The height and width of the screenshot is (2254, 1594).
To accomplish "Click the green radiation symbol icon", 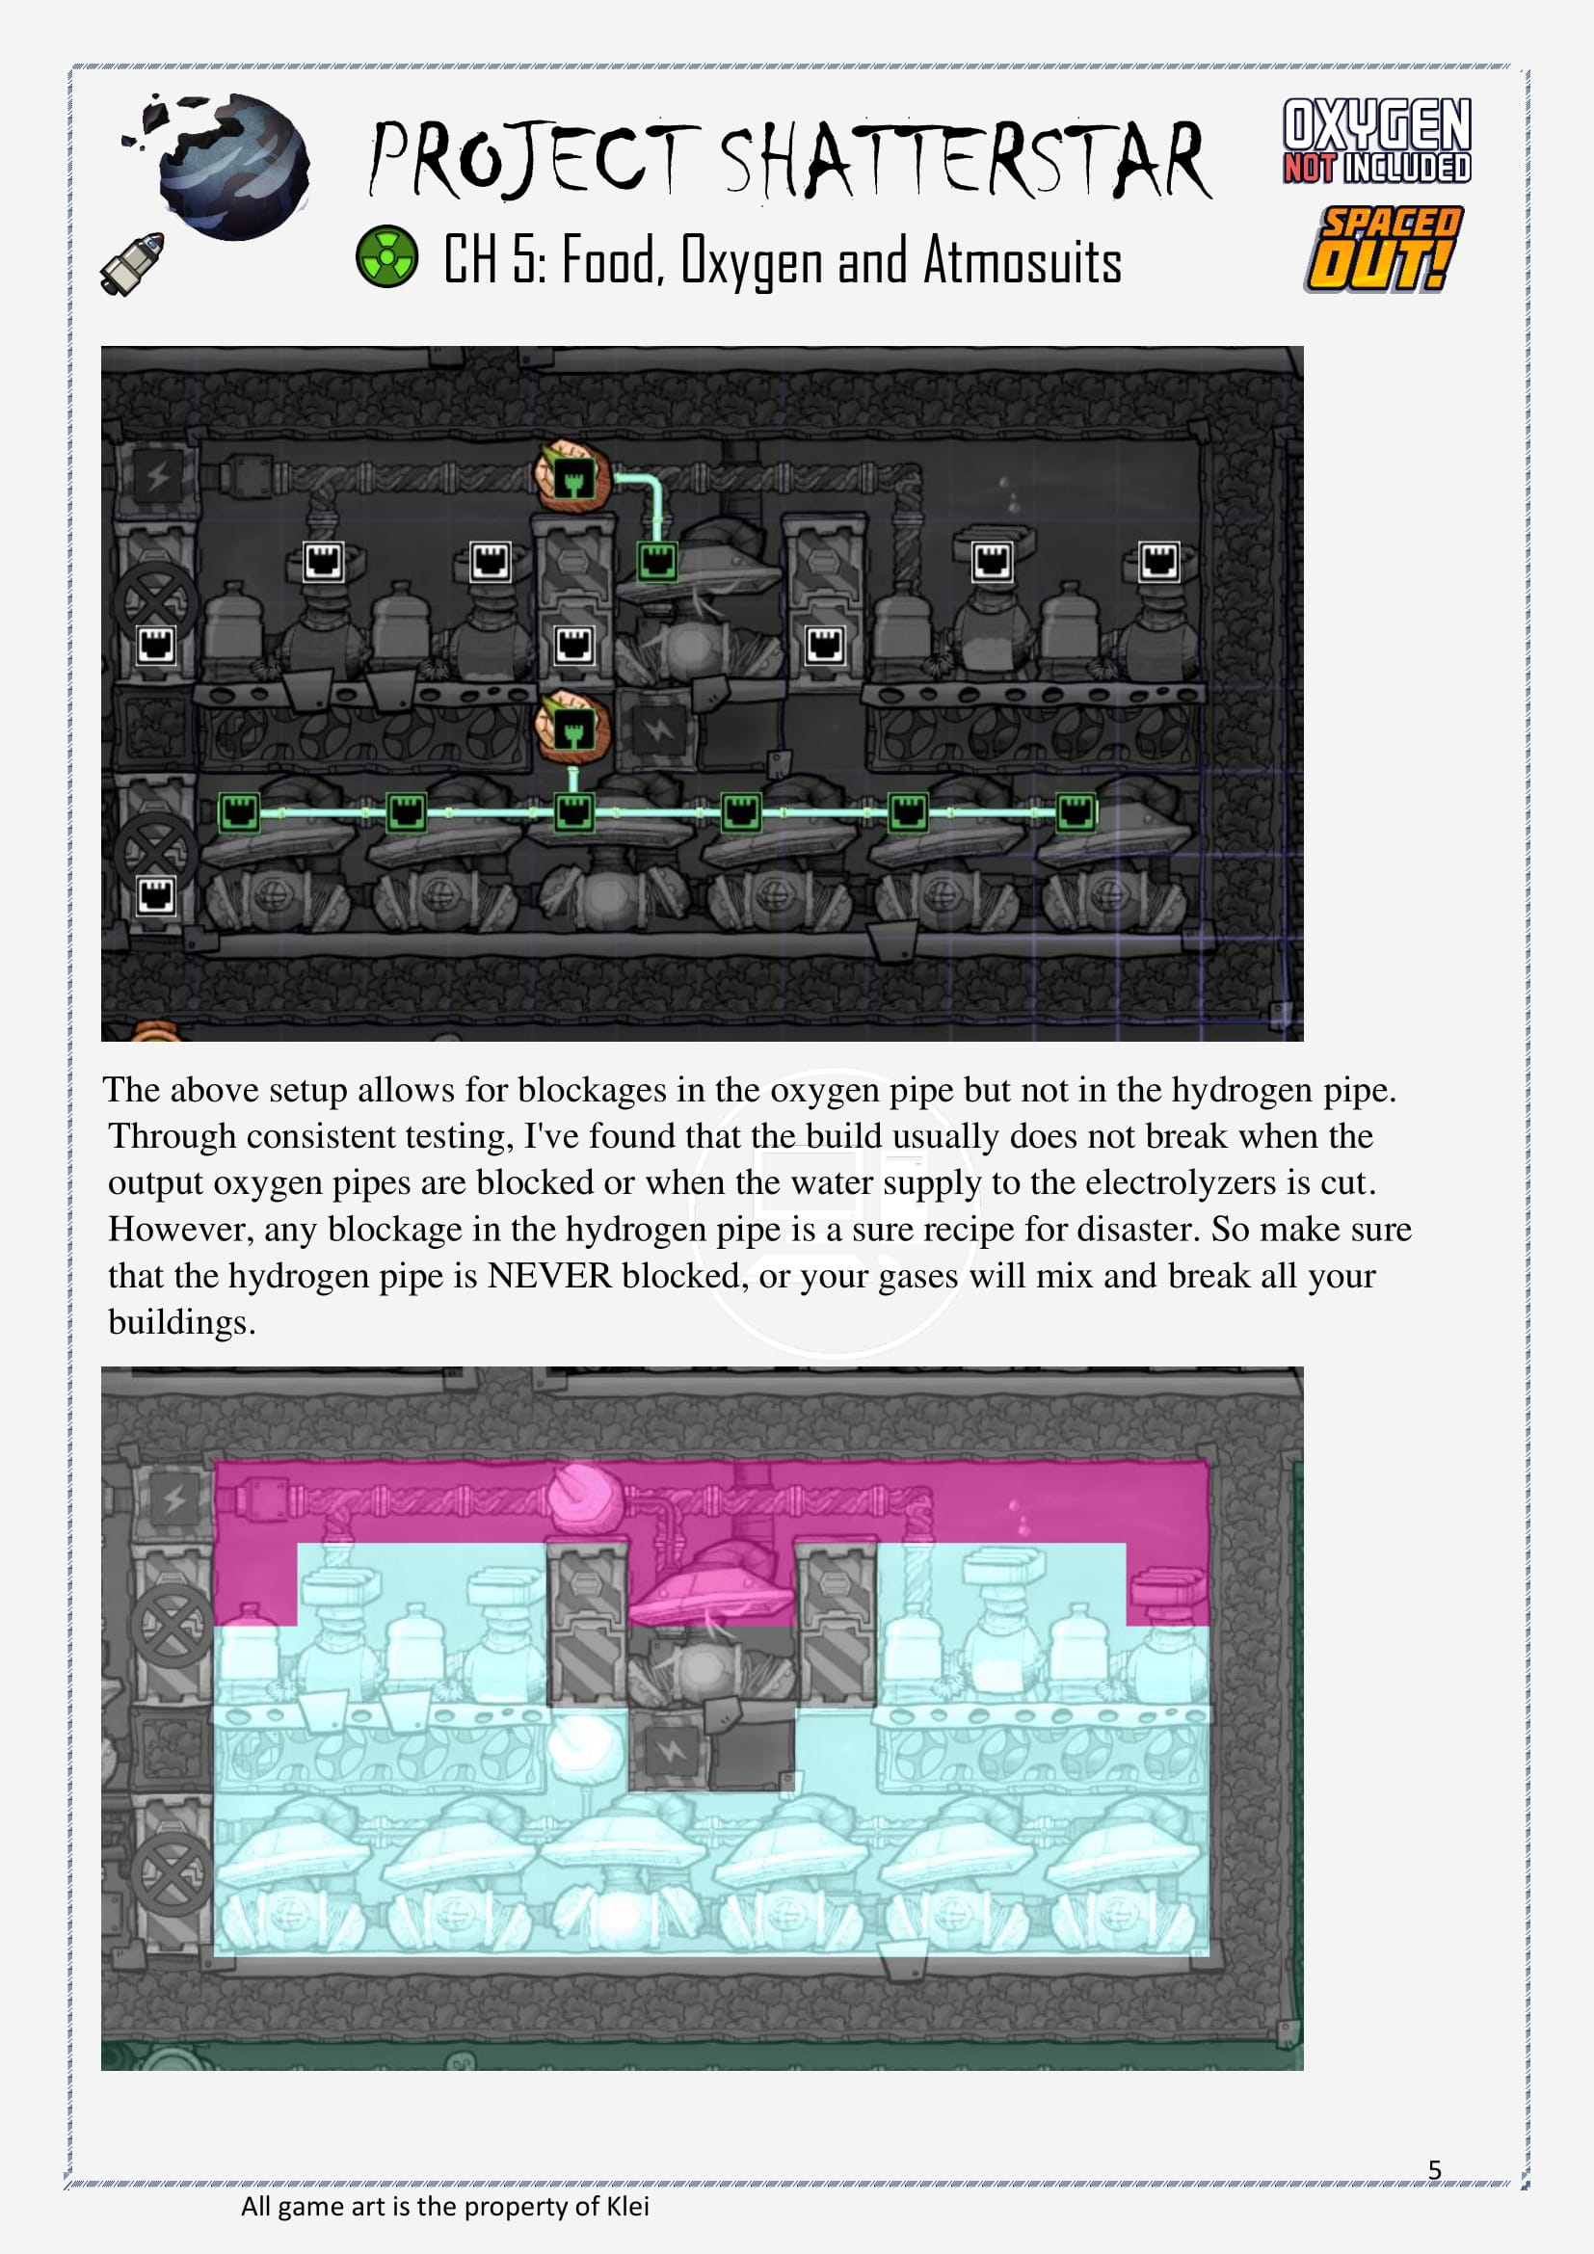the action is pyautogui.click(x=385, y=257).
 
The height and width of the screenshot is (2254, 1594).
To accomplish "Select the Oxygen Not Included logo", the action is pyautogui.click(x=1376, y=141).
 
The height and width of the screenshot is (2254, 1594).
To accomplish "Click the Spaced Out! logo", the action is pyautogui.click(x=1383, y=250).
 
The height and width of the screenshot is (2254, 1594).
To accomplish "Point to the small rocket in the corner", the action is pyautogui.click(x=131, y=264).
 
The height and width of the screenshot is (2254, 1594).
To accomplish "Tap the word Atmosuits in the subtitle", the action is pyautogui.click(x=1022, y=262).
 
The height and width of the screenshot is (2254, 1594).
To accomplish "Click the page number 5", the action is pyautogui.click(x=1434, y=2169).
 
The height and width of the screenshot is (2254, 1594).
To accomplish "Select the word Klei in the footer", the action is pyautogui.click(x=627, y=2207).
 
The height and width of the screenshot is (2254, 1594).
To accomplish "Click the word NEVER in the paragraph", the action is pyautogui.click(x=549, y=1275).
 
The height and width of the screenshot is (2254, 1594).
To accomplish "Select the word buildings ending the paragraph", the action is pyautogui.click(x=181, y=1323).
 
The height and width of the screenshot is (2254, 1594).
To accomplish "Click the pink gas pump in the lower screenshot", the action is pyautogui.click(x=709, y=1582).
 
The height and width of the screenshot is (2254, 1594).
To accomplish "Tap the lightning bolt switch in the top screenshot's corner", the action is pyautogui.click(x=158, y=477).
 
